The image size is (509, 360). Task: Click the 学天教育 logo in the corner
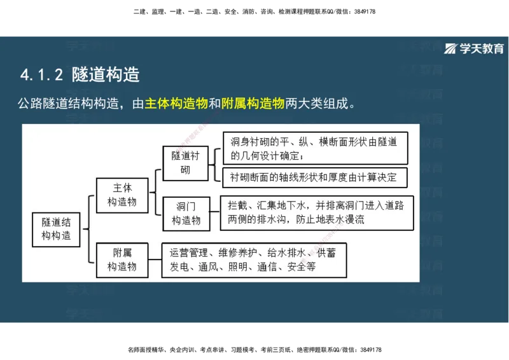(x=473, y=49)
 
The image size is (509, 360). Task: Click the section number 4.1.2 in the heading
(x=41, y=75)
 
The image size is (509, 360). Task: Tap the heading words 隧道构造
(x=106, y=74)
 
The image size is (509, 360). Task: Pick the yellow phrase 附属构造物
(x=253, y=104)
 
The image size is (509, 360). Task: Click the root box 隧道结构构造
(x=57, y=229)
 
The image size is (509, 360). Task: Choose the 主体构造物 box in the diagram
(x=122, y=195)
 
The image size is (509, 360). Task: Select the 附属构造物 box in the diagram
(x=122, y=260)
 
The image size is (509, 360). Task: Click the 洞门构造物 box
(x=186, y=214)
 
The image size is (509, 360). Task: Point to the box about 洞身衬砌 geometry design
(x=314, y=148)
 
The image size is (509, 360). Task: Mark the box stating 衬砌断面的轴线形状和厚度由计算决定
(x=314, y=177)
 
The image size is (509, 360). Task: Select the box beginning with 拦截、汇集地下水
(x=316, y=212)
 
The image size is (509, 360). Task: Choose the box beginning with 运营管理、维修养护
(x=253, y=260)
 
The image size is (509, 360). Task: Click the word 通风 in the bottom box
(x=207, y=267)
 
